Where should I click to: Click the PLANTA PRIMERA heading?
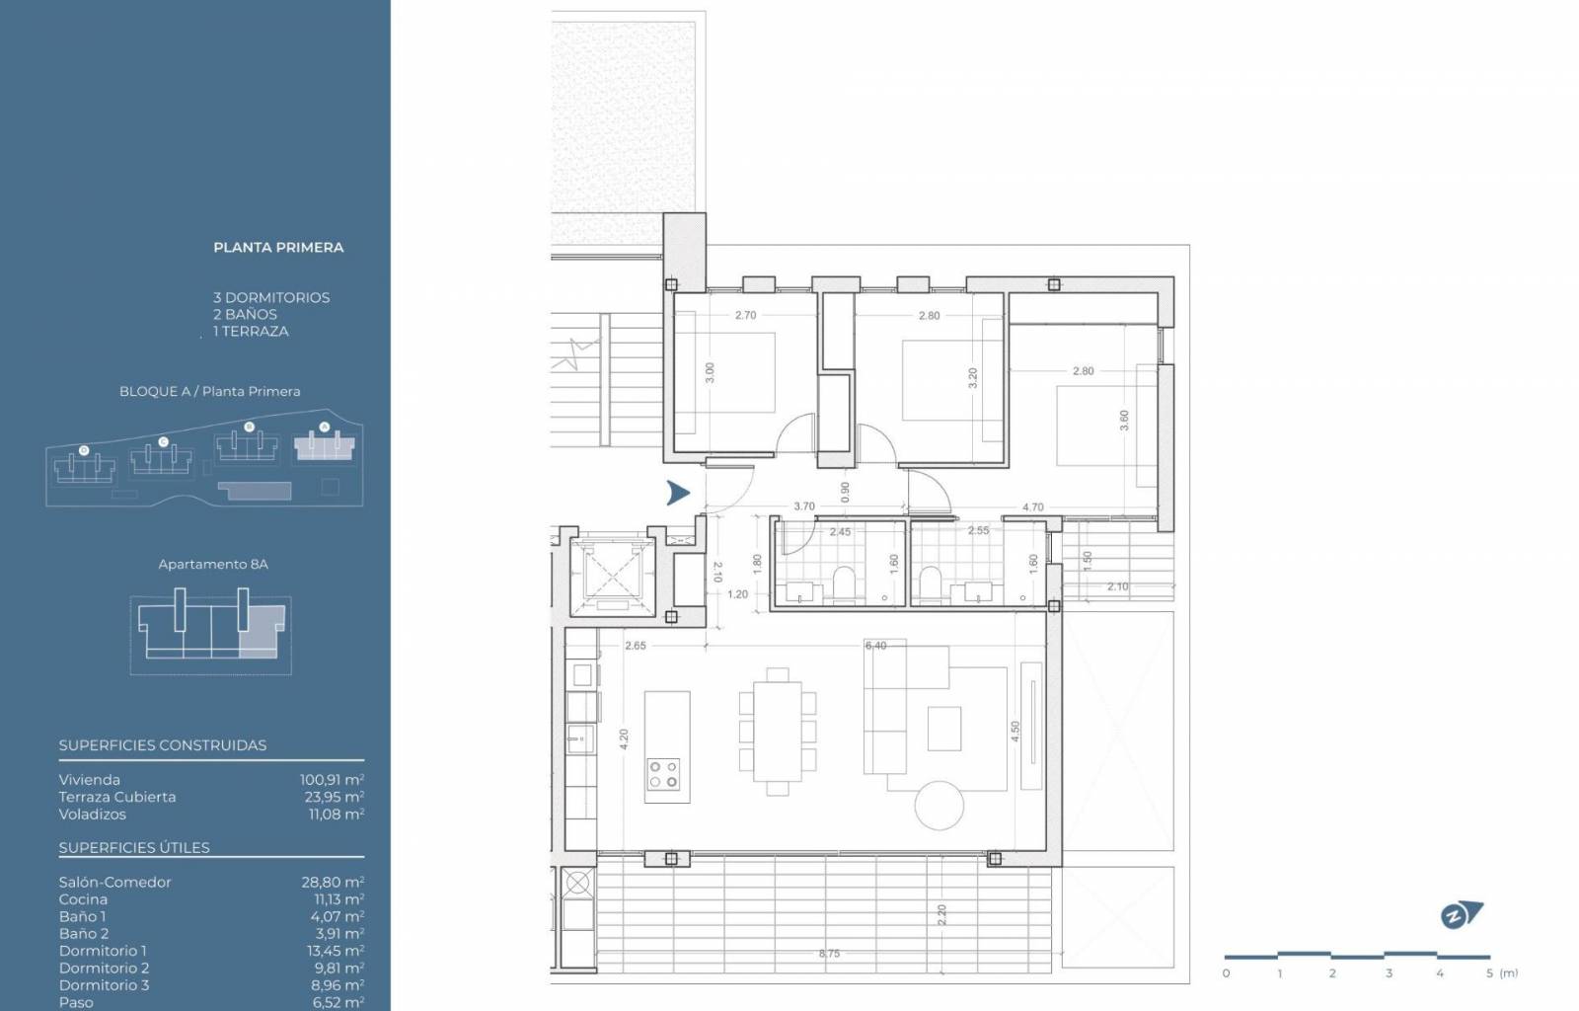click(278, 248)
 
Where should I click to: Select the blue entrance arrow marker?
click(678, 493)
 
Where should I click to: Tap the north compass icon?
click(1462, 915)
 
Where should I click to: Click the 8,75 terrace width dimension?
click(829, 953)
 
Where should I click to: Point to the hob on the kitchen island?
click(663, 773)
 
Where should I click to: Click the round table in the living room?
click(939, 805)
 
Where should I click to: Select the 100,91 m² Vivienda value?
click(332, 780)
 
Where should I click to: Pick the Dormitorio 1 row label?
click(103, 951)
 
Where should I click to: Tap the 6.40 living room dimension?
click(875, 645)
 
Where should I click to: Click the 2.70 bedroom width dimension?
click(745, 315)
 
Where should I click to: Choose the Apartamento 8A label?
click(213, 564)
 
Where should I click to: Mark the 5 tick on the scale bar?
click(1489, 972)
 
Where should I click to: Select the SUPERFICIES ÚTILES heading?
click(134, 847)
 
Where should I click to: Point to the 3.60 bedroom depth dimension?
click(1124, 421)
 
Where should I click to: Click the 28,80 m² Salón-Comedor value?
click(333, 882)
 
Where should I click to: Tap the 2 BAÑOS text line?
click(246, 314)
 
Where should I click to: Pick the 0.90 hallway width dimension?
click(845, 492)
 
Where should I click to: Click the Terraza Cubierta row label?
click(117, 797)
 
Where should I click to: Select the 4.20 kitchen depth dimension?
click(623, 739)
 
